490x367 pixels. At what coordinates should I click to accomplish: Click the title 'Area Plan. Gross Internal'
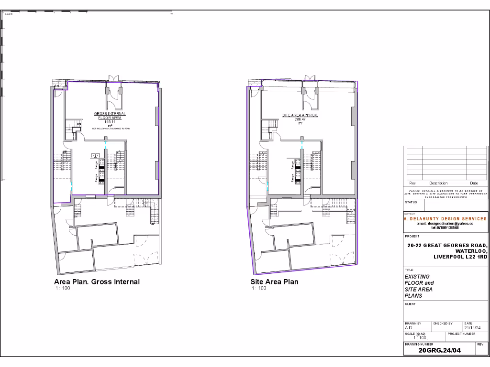pyautogui.click(x=97, y=281)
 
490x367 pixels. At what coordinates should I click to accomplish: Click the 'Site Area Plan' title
pyautogui.click(x=274, y=281)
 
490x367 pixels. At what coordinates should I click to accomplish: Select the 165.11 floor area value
pyautogui.click(x=111, y=122)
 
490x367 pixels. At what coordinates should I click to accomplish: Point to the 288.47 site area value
pyautogui.click(x=300, y=119)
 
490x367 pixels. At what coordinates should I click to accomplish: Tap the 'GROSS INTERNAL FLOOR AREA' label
pyautogui.click(x=110, y=116)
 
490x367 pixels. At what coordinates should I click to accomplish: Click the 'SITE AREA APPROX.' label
pyautogui.click(x=300, y=115)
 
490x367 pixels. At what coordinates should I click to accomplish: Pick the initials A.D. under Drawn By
pyautogui.click(x=409, y=328)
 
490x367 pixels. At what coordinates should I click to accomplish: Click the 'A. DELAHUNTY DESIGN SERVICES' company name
pyautogui.click(x=445, y=219)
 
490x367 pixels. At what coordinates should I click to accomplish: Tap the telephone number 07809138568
pyautogui.click(x=445, y=227)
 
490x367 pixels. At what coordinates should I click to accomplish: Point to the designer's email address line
pyautogui.click(x=445, y=223)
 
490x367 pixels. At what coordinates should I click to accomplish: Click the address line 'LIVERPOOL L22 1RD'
pyautogui.click(x=460, y=257)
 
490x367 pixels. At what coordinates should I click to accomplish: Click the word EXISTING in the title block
pyautogui.click(x=417, y=277)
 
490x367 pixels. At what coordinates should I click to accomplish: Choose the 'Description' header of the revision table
pyautogui.click(x=438, y=183)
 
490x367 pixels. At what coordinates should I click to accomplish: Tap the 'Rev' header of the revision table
pyautogui.click(x=412, y=183)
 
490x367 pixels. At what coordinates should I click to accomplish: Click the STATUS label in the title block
pyautogui.click(x=411, y=202)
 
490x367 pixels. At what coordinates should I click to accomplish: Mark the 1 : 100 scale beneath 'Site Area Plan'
pyautogui.click(x=258, y=288)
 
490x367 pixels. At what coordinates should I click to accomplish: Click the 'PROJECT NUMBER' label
pyautogui.click(x=462, y=334)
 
